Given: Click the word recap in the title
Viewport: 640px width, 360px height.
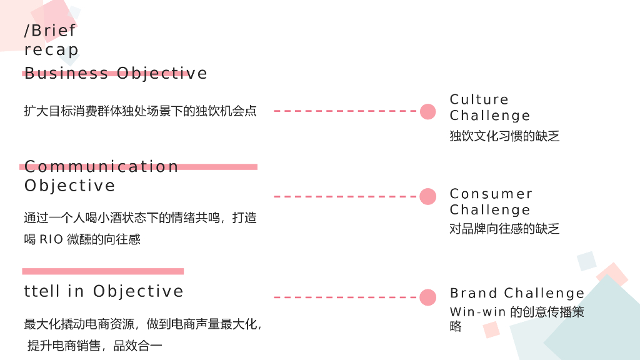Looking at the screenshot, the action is click(x=51, y=50).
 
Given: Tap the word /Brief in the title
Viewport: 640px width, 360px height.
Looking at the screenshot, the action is click(x=50, y=31).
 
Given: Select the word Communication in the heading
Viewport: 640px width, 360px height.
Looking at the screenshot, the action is click(x=101, y=167).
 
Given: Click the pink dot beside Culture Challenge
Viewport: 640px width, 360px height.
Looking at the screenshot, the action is click(x=428, y=111).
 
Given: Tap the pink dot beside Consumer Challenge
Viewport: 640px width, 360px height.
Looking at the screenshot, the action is click(x=428, y=196).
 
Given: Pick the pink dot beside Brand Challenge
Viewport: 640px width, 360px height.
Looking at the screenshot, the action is click(x=428, y=297).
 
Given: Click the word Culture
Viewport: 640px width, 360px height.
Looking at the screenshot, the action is click(x=479, y=99).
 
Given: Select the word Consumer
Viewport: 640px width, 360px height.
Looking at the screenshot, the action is click(x=491, y=194).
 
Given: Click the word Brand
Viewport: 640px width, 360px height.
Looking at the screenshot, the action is click(x=474, y=293).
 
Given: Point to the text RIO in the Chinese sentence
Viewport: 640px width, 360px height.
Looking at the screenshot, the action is click(x=51, y=239).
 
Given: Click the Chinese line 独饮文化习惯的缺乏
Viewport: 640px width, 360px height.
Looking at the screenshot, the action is click(x=504, y=136).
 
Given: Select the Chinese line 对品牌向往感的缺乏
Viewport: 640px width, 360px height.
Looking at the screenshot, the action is click(x=504, y=229).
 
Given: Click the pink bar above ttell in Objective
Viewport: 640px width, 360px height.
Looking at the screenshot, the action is click(x=103, y=271).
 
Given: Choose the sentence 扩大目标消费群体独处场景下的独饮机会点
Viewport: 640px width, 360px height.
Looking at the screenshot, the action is click(x=140, y=111).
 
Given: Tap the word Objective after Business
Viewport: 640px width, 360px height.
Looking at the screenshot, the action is click(x=162, y=74).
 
